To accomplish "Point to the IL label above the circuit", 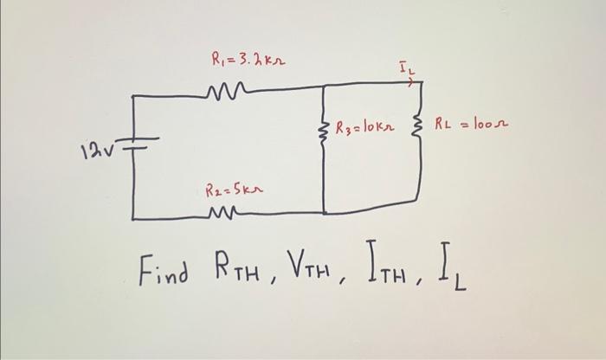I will (x=407, y=65).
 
